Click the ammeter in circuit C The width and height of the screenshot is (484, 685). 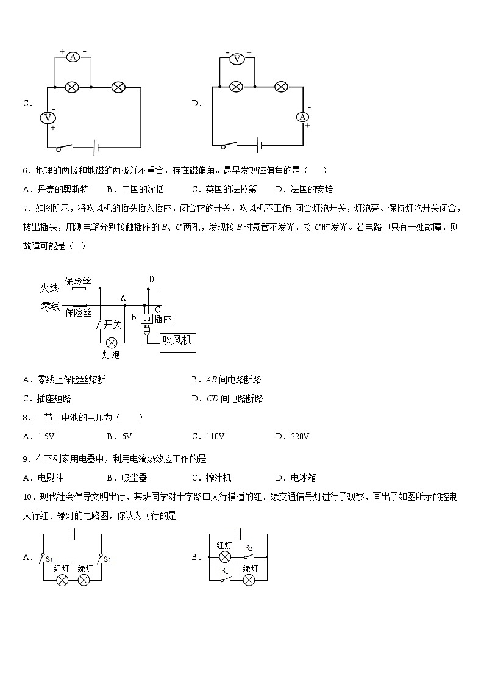73,57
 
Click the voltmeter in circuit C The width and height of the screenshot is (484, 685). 48,117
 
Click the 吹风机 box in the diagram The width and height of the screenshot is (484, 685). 177,340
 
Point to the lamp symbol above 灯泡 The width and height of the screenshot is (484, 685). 112,342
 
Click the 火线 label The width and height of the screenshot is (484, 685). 50,287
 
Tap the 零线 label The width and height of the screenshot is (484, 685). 50,306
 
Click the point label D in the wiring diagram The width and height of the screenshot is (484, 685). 151,280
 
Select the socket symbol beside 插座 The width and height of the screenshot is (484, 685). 146,318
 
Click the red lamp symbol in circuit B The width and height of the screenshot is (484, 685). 225,557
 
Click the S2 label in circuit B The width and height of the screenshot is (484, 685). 249,548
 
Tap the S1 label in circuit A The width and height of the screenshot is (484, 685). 49,559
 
